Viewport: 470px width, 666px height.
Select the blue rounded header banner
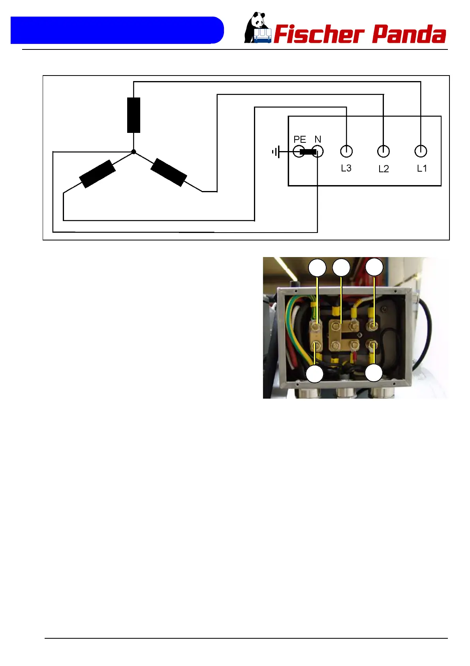click(x=117, y=30)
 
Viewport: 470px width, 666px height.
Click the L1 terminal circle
click(x=421, y=151)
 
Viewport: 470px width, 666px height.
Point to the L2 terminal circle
click(x=384, y=151)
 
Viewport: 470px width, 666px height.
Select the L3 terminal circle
click(x=346, y=151)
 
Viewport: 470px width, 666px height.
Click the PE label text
click(x=300, y=140)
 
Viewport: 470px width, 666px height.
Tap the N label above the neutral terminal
click(x=318, y=139)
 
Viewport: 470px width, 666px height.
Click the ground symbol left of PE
click(x=276, y=151)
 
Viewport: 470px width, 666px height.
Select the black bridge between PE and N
click(x=308, y=151)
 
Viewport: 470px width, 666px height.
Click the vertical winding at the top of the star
click(x=133, y=115)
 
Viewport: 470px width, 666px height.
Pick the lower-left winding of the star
click(x=98, y=174)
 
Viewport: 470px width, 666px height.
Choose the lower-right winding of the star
click(x=169, y=172)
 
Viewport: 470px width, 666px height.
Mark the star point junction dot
click(x=133, y=151)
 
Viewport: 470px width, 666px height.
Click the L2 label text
click(x=384, y=169)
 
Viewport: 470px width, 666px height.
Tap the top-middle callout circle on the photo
click(x=341, y=268)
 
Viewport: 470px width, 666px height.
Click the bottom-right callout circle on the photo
click(x=374, y=373)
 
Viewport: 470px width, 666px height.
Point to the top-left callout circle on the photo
click(x=318, y=268)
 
